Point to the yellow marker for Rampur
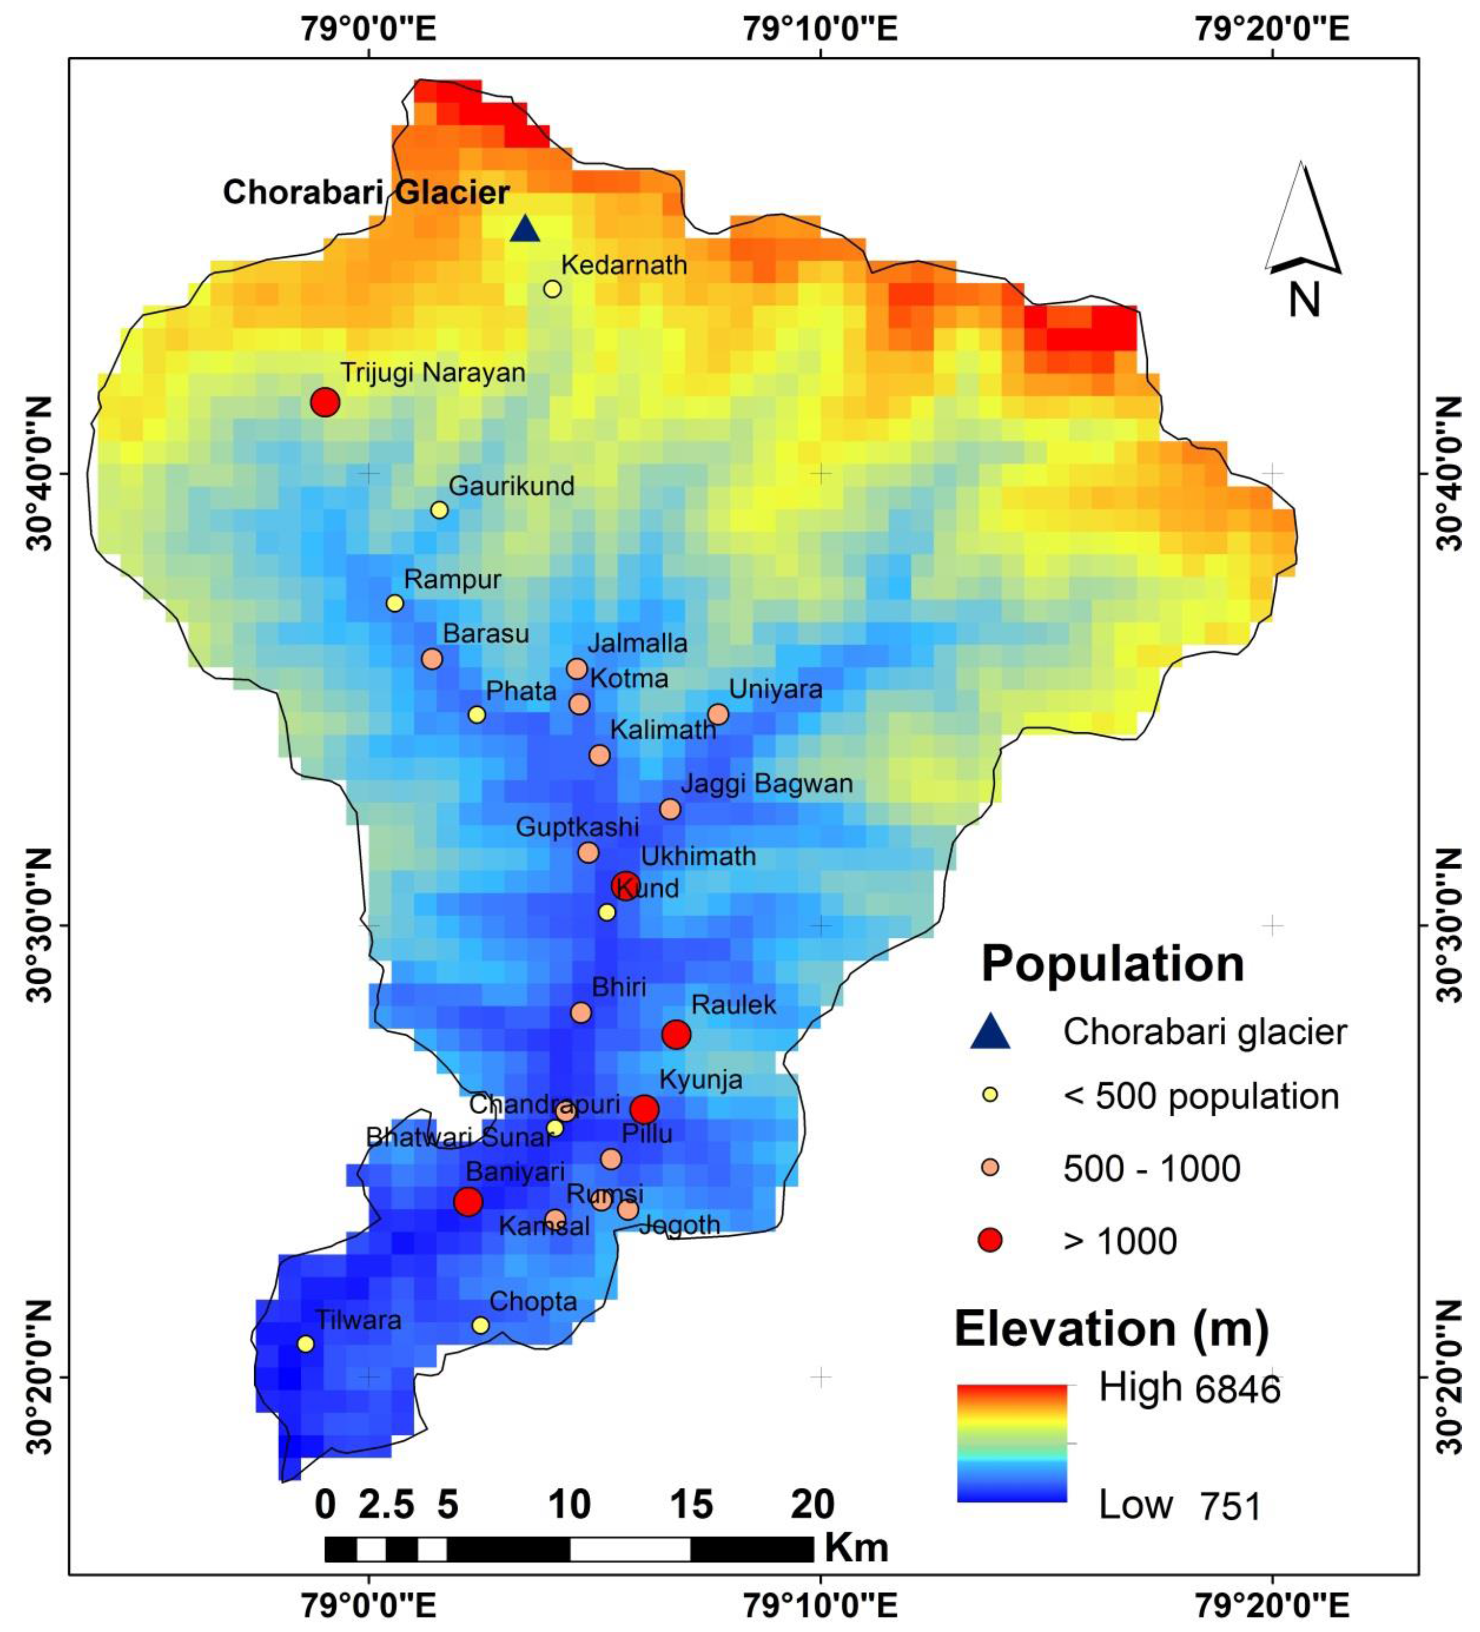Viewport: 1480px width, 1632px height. (x=394, y=603)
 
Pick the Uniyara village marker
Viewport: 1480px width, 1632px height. (x=717, y=714)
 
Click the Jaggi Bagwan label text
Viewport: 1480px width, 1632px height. (x=766, y=784)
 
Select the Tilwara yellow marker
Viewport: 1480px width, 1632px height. (x=305, y=1344)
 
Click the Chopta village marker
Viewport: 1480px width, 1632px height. (x=480, y=1325)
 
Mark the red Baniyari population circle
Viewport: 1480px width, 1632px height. (x=468, y=1202)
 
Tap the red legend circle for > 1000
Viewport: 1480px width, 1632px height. (x=989, y=1240)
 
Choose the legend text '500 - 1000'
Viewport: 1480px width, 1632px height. (x=1151, y=1168)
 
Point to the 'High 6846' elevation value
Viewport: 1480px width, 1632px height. (x=1189, y=1389)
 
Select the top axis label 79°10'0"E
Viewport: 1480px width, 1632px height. (x=820, y=30)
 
